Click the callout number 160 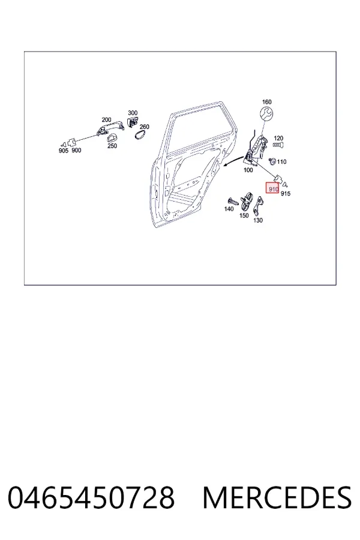(266, 102)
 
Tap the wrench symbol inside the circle (266, 114)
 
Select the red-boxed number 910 (272, 188)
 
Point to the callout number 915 (286, 194)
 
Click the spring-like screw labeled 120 (278, 145)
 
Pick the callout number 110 (281, 162)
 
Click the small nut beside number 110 (272, 160)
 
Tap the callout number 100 (248, 170)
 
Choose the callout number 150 (244, 215)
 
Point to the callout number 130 (258, 220)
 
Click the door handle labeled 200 (110, 128)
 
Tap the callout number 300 (133, 113)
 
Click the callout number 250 (112, 146)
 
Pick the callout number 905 (64, 151)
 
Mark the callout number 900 (76, 151)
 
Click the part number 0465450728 (91, 497)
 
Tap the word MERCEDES (277, 497)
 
